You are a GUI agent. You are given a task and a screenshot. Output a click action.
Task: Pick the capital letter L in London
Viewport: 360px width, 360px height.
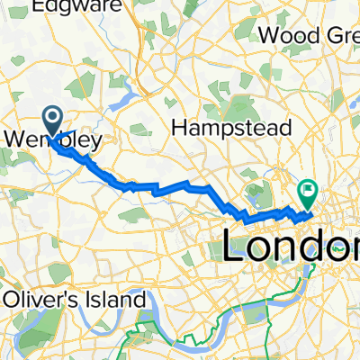[x=236, y=247]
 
